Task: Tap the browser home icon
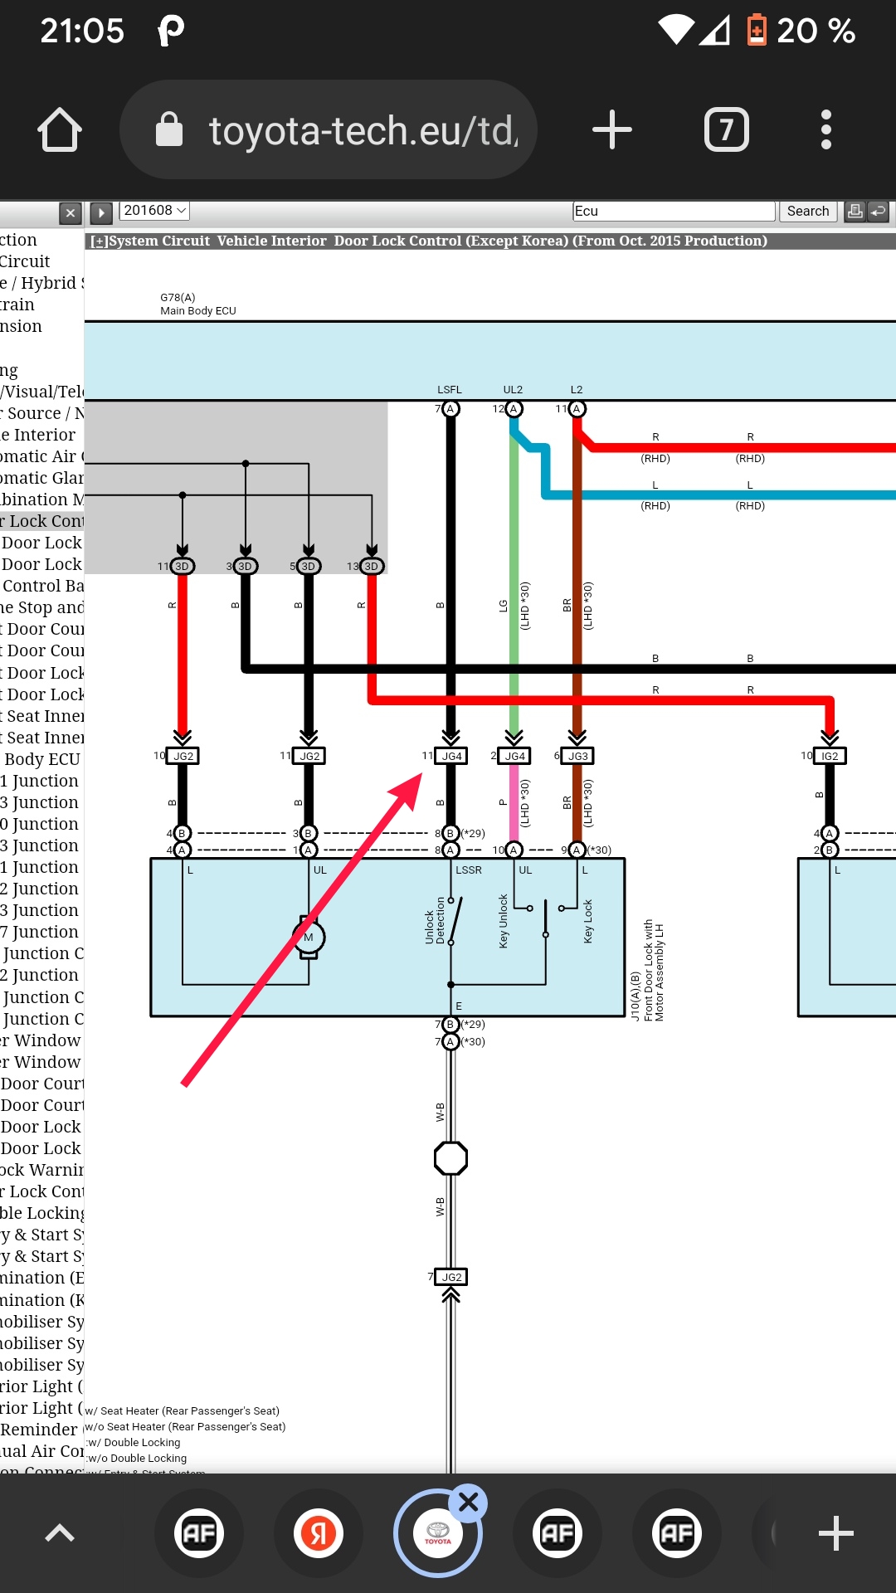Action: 60,130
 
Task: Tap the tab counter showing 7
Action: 726,130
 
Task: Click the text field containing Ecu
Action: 673,211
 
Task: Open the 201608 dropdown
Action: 155,211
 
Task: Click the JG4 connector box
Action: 451,756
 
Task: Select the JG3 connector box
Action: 577,756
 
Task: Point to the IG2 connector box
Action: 830,756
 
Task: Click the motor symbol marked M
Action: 309,938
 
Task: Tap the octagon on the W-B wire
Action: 450,1158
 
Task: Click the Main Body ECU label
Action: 198,311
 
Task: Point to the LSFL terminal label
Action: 450,390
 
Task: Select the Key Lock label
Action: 587,921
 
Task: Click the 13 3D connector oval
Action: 371,567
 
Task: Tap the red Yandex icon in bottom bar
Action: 319,1533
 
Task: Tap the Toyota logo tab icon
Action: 437,1533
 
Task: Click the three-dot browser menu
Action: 825,130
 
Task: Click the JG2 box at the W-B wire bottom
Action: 451,1277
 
